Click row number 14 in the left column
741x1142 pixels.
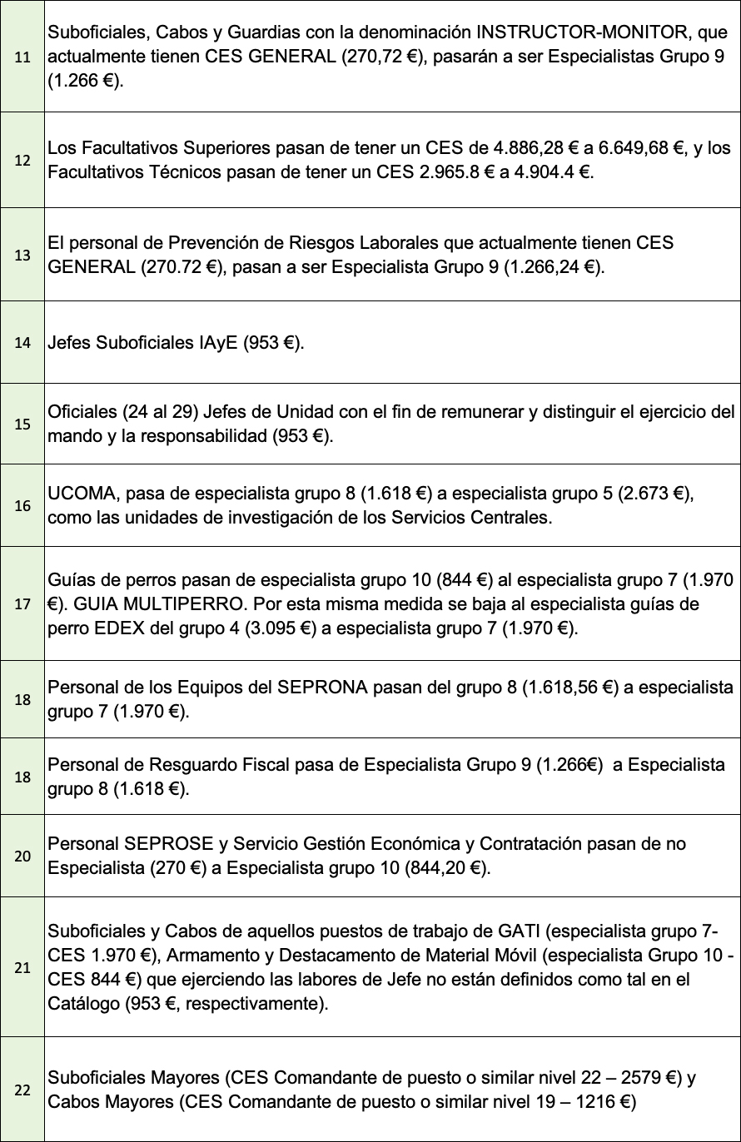coord(22,343)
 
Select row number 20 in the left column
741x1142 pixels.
coord(22,856)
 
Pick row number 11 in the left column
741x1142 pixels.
coord(22,57)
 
